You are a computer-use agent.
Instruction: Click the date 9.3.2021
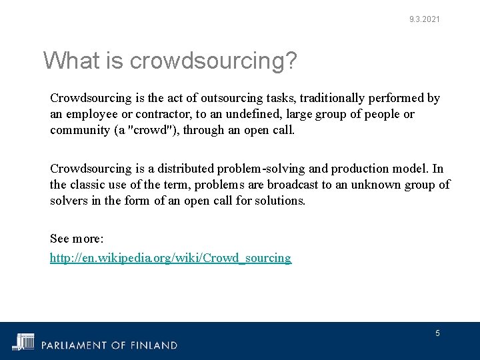(425, 19)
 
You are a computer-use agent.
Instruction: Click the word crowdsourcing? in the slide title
(213, 61)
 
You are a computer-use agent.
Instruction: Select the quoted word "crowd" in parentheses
(153, 130)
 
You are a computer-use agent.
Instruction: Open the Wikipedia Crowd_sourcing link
(171, 258)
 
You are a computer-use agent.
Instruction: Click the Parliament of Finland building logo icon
(25, 341)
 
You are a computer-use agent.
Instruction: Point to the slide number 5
(437, 333)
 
